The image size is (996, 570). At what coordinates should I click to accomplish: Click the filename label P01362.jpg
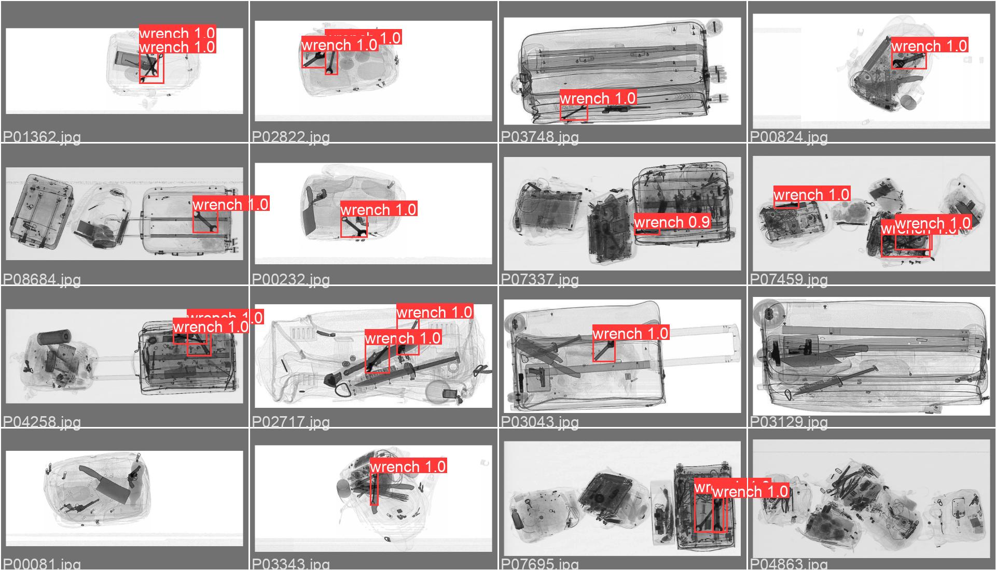pos(42,137)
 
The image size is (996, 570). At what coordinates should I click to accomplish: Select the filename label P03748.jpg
pos(540,137)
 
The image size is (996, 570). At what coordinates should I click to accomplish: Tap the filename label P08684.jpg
pos(42,280)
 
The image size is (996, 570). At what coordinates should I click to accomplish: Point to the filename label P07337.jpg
pos(540,280)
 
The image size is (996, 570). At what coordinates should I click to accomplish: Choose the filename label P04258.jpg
pos(42,422)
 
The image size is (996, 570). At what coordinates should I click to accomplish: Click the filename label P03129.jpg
pos(789,422)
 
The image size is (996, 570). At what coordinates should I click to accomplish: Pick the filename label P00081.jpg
pos(42,564)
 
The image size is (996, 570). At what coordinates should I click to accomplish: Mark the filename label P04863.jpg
pos(789,564)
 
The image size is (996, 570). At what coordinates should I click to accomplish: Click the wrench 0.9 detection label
pos(672,222)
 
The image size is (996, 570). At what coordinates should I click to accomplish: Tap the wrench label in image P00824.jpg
pos(929,46)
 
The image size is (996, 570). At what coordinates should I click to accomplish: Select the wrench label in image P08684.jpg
pos(230,204)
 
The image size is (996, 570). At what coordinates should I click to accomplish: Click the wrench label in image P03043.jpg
pos(630,333)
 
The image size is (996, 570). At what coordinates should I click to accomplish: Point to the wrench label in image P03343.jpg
pos(408,466)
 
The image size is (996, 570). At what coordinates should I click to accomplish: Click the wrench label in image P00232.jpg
pos(378,209)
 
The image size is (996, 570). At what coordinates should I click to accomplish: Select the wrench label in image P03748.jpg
pos(598,98)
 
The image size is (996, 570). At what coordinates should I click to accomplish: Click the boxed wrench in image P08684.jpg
pos(205,222)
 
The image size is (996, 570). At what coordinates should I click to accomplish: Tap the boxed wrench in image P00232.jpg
pos(354,227)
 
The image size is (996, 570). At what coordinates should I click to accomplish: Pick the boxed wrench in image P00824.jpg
pos(908,61)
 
